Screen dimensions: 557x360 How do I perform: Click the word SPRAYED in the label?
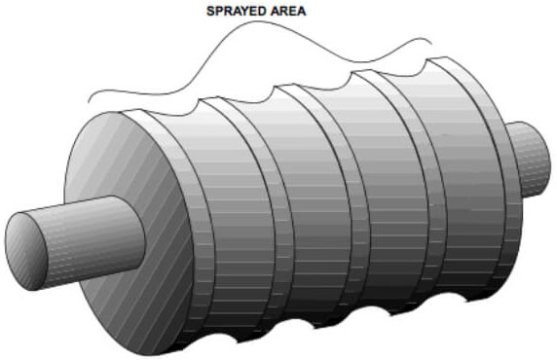(236, 11)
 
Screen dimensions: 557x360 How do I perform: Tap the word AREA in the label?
(287, 11)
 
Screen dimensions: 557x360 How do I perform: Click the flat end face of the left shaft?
(26, 251)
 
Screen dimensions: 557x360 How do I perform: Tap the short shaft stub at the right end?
(530, 159)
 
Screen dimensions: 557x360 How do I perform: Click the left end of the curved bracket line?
(89, 102)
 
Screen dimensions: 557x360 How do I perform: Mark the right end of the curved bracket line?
(432, 45)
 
